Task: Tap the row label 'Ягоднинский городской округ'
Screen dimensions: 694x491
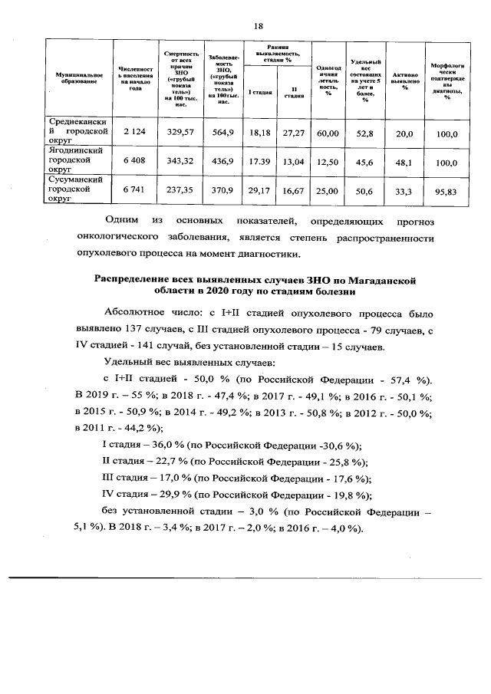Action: [77, 162]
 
